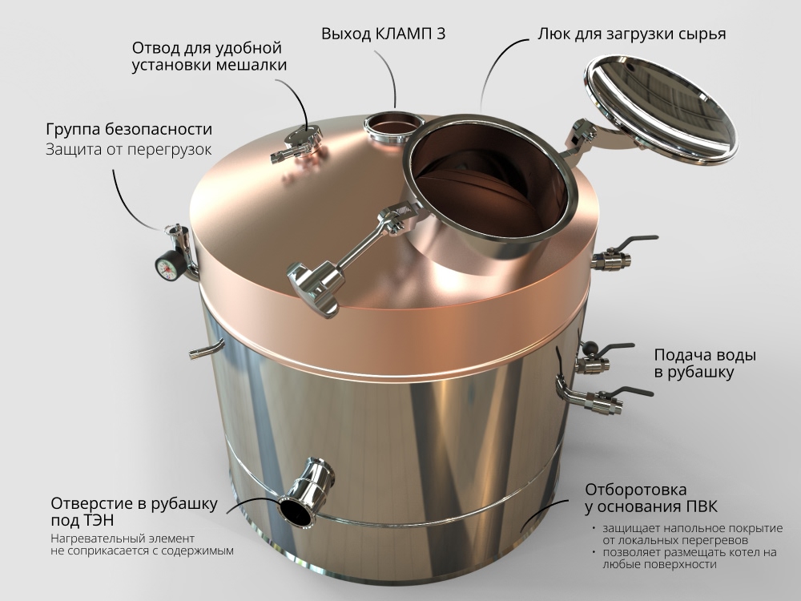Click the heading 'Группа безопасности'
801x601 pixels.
coord(128,129)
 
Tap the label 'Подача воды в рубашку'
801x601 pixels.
coord(705,363)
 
